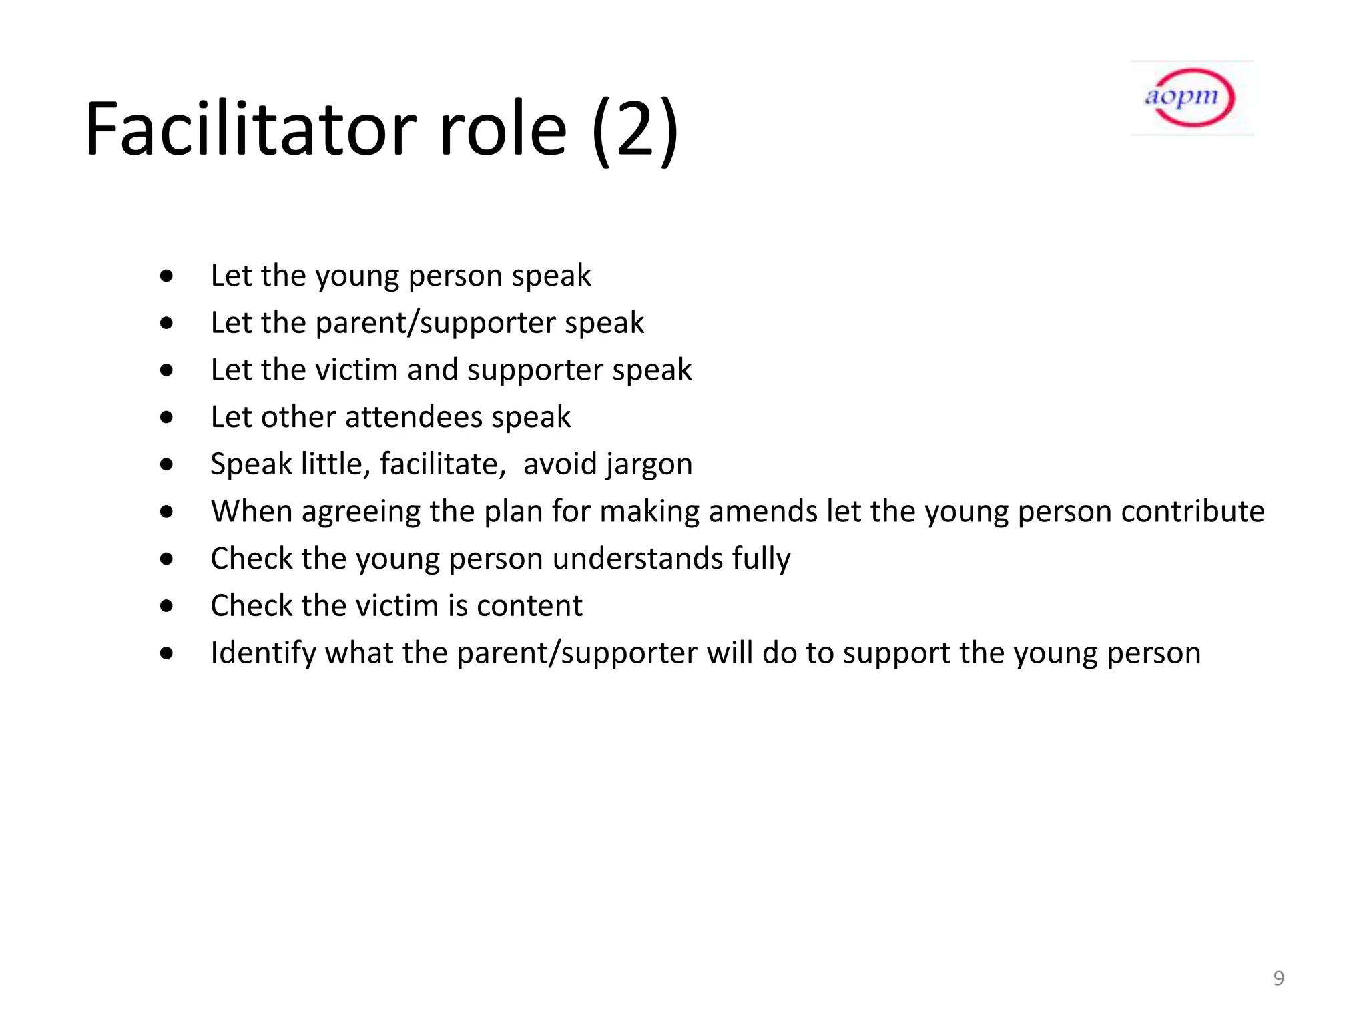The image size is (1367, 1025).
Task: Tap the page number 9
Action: click(1278, 978)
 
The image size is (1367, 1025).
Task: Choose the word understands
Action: click(637, 559)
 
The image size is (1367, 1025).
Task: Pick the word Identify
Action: click(263, 653)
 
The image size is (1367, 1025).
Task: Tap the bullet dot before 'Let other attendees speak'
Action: click(167, 418)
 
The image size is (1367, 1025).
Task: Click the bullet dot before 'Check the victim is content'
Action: click(167, 606)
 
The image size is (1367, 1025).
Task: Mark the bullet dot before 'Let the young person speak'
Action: click(167, 276)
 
